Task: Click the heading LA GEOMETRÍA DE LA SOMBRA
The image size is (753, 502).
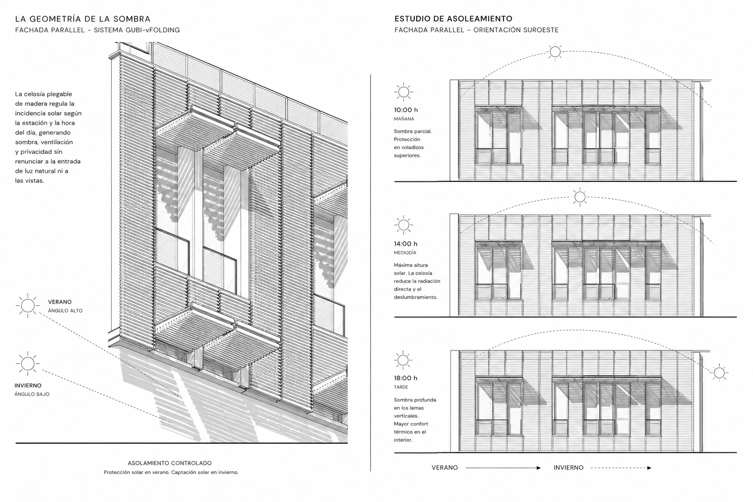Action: (x=83, y=19)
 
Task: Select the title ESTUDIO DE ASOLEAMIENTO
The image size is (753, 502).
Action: (x=453, y=19)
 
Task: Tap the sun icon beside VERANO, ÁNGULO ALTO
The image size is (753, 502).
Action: (x=27, y=305)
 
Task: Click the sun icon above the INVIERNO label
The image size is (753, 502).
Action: (x=27, y=363)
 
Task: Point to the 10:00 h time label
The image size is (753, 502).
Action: (x=406, y=110)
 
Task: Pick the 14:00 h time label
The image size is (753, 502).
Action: (x=406, y=244)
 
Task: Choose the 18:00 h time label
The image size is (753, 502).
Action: (x=406, y=378)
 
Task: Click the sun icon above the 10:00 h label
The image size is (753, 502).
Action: (x=403, y=92)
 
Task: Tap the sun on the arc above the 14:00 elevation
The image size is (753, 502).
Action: (x=579, y=197)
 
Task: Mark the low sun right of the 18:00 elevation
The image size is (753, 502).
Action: (x=719, y=373)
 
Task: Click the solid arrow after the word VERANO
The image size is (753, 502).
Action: (x=503, y=468)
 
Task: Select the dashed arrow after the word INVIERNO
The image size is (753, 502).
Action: (x=621, y=468)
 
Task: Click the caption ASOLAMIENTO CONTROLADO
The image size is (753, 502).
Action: (x=170, y=463)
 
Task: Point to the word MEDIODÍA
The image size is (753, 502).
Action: (x=405, y=252)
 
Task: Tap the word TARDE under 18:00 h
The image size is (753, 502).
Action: (x=401, y=387)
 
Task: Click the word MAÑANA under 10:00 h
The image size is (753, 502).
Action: (x=404, y=119)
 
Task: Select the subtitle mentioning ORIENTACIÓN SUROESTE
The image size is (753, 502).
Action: (x=477, y=30)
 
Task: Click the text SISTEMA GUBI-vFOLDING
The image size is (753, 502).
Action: (x=137, y=30)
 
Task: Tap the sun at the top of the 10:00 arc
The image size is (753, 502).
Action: (x=555, y=52)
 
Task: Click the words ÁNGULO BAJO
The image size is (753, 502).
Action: (x=32, y=394)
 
